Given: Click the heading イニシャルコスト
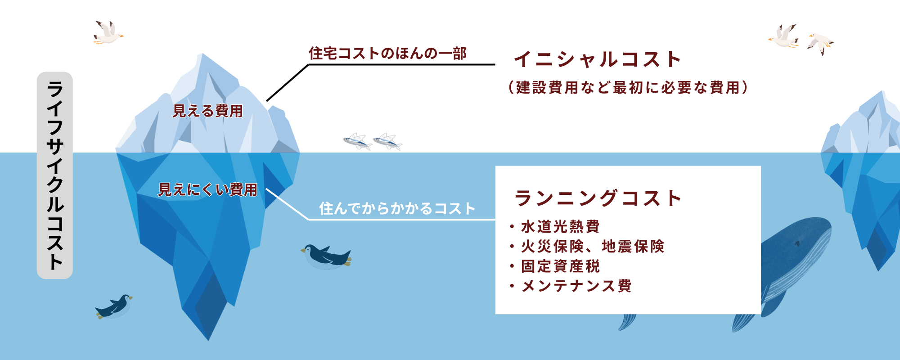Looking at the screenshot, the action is tap(598, 59).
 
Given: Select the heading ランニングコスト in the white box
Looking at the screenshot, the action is tap(598, 198).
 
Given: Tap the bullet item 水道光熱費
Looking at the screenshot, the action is tap(560, 226).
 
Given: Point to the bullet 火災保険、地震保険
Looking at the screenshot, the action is tap(593, 246).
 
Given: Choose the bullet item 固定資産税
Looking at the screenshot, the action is tap(560, 266).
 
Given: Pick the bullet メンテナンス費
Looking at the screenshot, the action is tap(576, 286).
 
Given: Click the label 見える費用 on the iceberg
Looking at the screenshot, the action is tap(208, 111).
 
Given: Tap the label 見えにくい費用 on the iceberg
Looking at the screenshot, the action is tap(207, 189).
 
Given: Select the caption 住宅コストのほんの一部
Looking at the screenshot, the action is tap(387, 53).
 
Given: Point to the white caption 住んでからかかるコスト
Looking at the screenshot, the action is tap(397, 208).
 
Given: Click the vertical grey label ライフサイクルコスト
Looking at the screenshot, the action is tap(55, 175).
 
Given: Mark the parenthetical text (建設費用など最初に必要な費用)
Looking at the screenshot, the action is tap(628, 87).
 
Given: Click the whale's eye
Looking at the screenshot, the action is tap(797, 244).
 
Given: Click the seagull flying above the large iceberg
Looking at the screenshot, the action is tap(108, 32).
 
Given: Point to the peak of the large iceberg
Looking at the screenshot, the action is tap(203, 54).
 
